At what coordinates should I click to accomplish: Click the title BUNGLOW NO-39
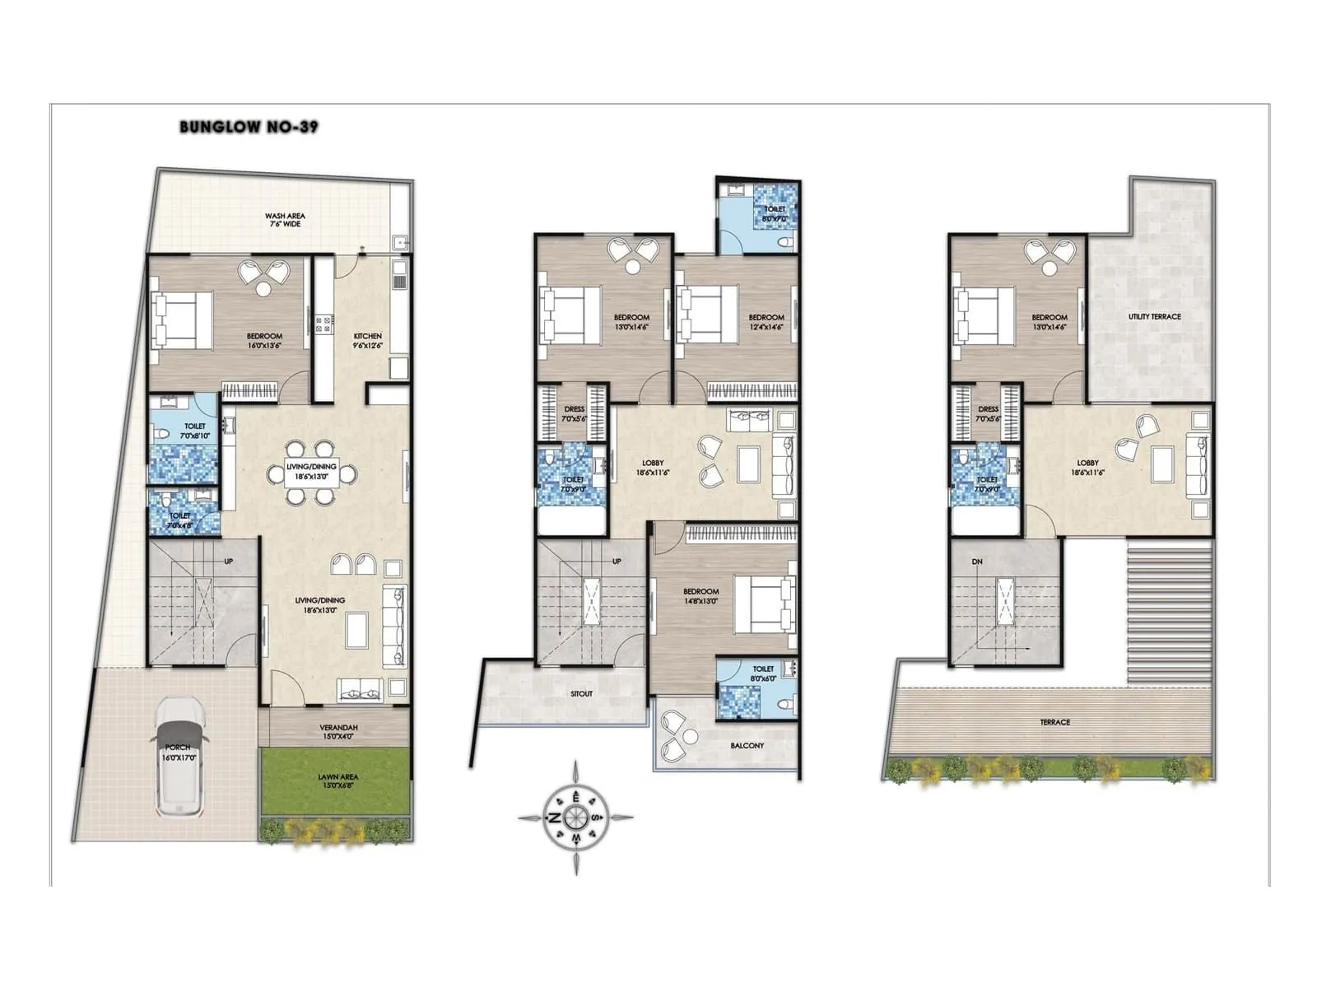[249, 127]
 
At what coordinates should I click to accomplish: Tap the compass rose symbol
[575, 818]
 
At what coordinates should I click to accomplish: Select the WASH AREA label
[285, 220]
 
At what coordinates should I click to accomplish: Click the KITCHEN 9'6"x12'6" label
[367, 340]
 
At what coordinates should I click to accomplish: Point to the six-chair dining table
[311, 473]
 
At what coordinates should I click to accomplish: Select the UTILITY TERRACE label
[1154, 316]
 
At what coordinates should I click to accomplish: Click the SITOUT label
[581, 693]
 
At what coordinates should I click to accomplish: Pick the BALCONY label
[747, 745]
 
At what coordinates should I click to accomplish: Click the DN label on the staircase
[977, 562]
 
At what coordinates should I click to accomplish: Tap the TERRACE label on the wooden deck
[1054, 722]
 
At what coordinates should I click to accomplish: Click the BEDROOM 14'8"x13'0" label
[700, 596]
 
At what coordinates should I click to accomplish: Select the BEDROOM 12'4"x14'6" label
[766, 322]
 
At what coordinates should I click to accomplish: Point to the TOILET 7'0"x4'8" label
[179, 520]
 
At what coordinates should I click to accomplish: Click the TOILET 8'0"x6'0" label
[763, 673]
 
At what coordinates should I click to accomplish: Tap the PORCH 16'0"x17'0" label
[178, 753]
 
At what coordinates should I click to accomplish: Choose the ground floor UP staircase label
[228, 562]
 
